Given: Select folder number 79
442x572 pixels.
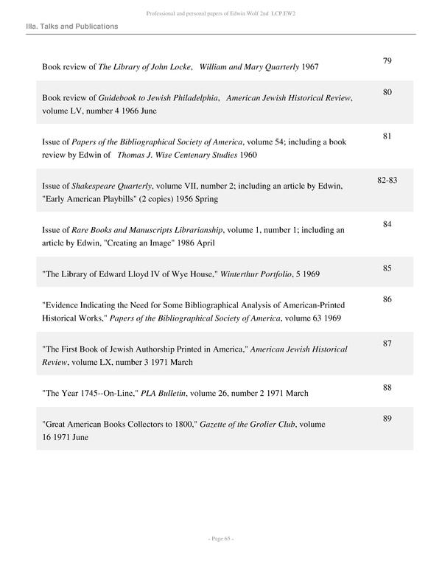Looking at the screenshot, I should pyautogui.click(x=387, y=60).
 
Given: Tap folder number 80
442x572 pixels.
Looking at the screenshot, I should pyautogui.click(x=387, y=92).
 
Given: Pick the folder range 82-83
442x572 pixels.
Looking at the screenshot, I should pyautogui.click(x=387, y=180).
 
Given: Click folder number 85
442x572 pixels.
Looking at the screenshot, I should pyautogui.click(x=387, y=268).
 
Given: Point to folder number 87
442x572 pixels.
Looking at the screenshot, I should pyautogui.click(x=387, y=343).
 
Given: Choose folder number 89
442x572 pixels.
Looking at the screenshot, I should pyautogui.click(x=387, y=419).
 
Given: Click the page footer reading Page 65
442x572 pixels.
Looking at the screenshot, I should pyautogui.click(x=220, y=539).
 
